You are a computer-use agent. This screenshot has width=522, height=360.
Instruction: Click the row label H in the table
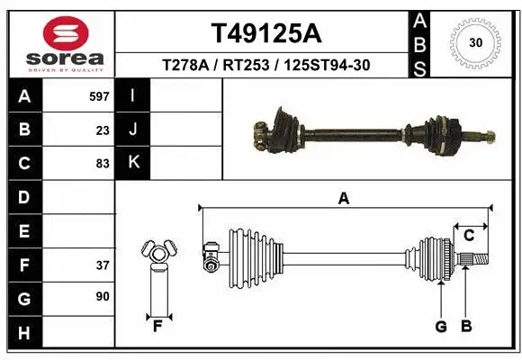click(x=23, y=334)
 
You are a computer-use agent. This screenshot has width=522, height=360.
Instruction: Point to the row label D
click(x=23, y=197)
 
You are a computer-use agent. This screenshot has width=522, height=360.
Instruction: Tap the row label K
click(x=133, y=163)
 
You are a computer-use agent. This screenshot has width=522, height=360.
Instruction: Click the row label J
click(x=133, y=130)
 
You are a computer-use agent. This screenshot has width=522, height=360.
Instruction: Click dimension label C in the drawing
click(x=469, y=236)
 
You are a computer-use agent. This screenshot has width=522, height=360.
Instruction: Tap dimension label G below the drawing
click(x=441, y=326)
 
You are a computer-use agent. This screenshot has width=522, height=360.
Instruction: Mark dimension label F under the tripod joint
click(x=157, y=326)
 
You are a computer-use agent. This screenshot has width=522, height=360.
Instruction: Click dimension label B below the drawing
click(x=466, y=326)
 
